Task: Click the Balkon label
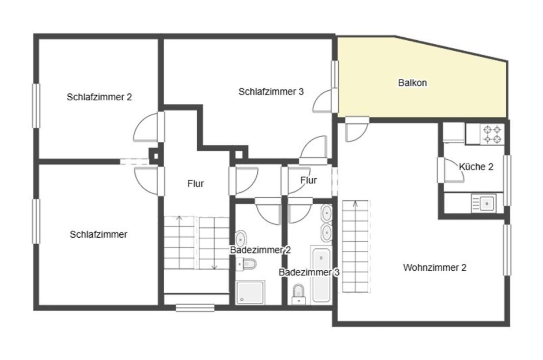pos(412,83)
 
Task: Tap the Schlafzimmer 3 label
pos(271,92)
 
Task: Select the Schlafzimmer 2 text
pos(99,97)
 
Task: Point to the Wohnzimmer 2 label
pos(435,268)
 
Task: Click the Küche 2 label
pos(476,167)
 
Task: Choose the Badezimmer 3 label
pos(309,272)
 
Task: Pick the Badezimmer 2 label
pos(260,250)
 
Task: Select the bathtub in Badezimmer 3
pos(321,275)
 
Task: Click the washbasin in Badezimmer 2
pos(241,239)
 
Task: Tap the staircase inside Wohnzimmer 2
pos(355,246)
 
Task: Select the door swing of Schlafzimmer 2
pos(147,128)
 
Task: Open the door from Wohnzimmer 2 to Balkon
pos(357,129)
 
